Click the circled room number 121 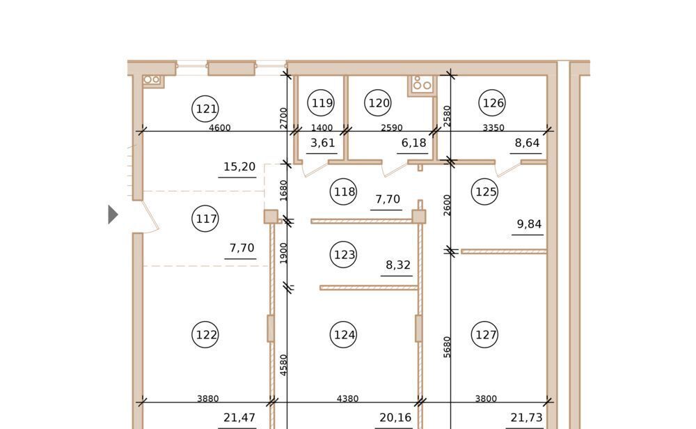click(x=205, y=109)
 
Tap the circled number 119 click(x=321, y=102)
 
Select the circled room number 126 click(x=492, y=102)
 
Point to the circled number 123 click(x=344, y=254)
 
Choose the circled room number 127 click(x=484, y=334)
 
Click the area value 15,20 click(x=239, y=166)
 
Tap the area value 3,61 click(x=322, y=143)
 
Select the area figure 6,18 click(x=413, y=143)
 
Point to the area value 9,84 click(x=529, y=224)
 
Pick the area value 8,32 click(x=397, y=265)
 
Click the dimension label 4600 click(x=220, y=127)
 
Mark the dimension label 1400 click(x=322, y=127)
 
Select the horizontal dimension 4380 click(x=347, y=398)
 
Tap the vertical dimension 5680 click(x=447, y=347)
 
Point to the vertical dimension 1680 click(x=284, y=190)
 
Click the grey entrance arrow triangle click(x=113, y=214)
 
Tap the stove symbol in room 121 click(x=152, y=80)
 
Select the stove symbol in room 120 click(x=422, y=84)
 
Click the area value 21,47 click(x=239, y=417)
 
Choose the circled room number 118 click(x=344, y=192)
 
